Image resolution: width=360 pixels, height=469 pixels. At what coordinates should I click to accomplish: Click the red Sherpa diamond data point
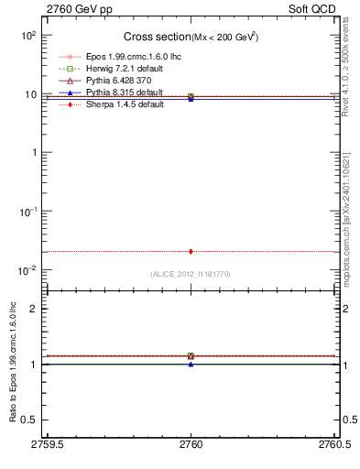tap(191, 251)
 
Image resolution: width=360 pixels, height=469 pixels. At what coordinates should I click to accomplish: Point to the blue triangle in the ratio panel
tap(191, 364)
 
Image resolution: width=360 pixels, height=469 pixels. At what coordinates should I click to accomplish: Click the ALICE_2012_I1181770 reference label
tap(191, 274)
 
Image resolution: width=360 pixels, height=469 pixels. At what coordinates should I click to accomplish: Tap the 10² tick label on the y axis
tap(28, 35)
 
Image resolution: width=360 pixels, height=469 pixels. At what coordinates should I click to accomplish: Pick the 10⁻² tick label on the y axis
tap(27, 269)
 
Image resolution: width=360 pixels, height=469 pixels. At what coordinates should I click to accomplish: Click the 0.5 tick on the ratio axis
tap(30, 420)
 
